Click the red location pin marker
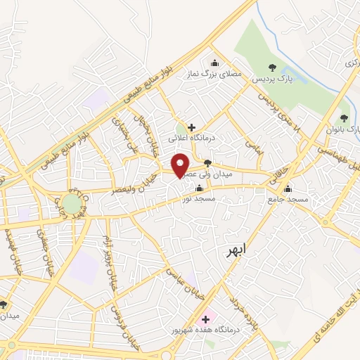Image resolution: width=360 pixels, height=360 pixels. [181, 166]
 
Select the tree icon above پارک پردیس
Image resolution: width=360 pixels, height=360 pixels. [273, 67]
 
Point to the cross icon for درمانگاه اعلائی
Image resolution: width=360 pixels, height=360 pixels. [191, 127]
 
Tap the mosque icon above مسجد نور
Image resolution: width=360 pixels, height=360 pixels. [199, 188]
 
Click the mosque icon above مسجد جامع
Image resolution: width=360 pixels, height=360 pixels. [287, 188]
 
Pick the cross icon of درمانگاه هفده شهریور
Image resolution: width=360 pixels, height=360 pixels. [205, 319]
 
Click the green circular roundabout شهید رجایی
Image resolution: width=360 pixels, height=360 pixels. [72, 204]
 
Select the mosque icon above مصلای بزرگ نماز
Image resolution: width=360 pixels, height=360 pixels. [214, 62]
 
